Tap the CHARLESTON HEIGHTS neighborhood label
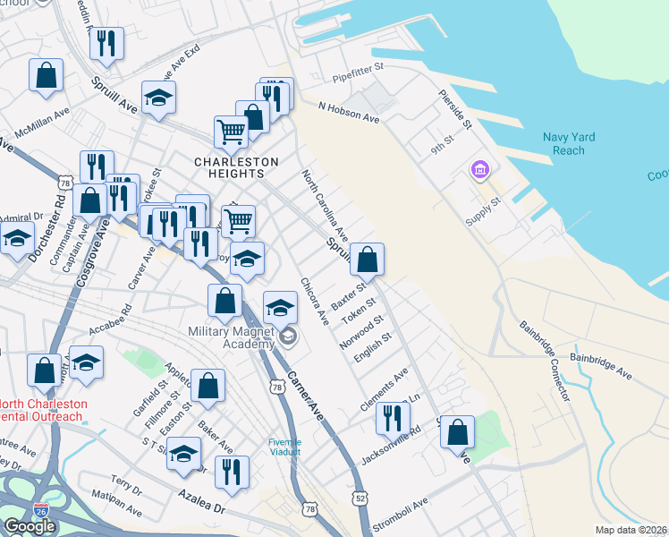pos(237,162)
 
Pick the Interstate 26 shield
pos(41,510)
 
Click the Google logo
pos(30,526)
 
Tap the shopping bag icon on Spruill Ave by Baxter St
pos(367,260)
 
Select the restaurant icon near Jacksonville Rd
pos(393,419)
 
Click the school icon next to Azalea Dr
pos(183,454)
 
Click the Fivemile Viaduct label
pos(285,447)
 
